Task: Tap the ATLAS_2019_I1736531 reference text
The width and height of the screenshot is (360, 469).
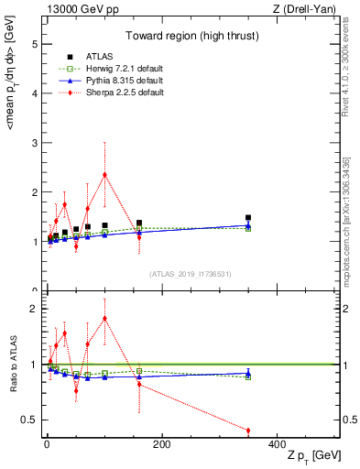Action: point(191,273)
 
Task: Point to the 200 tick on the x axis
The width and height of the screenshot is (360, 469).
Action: point(161,444)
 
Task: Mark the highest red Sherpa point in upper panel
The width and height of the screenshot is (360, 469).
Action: point(105,175)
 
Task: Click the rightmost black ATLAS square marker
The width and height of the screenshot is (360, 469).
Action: point(248,218)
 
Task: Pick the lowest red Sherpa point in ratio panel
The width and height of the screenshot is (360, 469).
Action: point(248,431)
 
